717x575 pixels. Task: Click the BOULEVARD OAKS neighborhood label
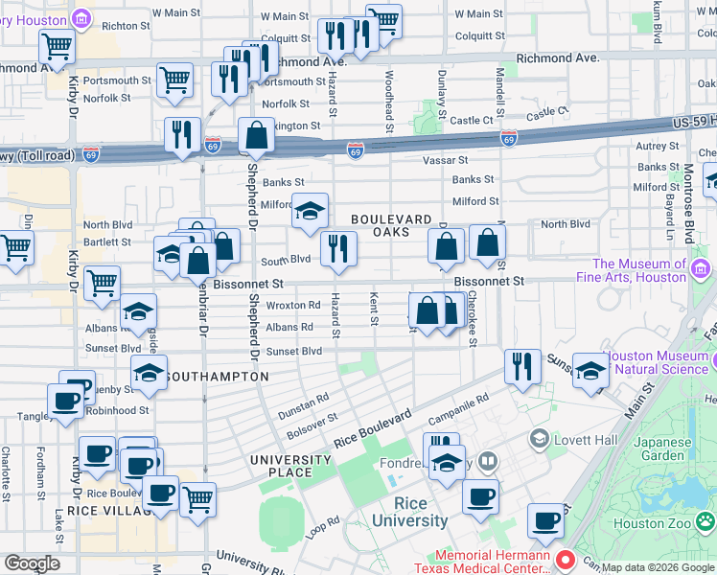pyautogui.click(x=393, y=225)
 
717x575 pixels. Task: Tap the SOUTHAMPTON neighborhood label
pyautogui.click(x=217, y=378)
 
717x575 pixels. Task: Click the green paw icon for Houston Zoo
pyautogui.click(x=705, y=521)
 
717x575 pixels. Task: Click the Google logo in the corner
pyautogui.click(x=32, y=563)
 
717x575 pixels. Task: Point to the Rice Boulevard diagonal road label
pyautogui.click(x=373, y=428)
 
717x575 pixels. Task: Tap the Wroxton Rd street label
pyautogui.click(x=293, y=306)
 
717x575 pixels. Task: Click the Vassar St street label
pyautogui.click(x=448, y=160)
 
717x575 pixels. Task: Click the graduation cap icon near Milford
pyautogui.click(x=310, y=213)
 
